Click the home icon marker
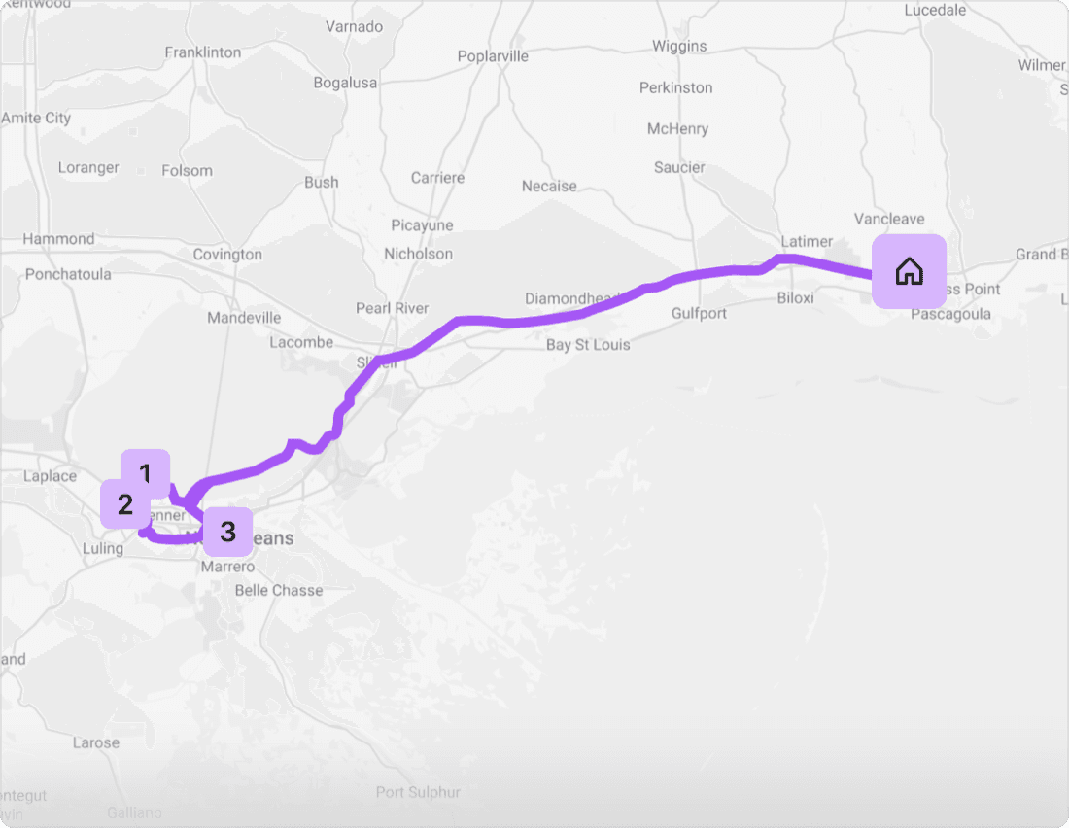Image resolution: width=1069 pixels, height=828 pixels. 909,271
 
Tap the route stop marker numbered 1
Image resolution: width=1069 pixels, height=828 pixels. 145,473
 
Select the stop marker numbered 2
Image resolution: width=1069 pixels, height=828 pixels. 124,504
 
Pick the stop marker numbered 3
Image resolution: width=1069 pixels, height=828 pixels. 227,532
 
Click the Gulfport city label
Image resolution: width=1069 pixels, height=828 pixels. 699,313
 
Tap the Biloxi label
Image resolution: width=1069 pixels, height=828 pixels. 795,297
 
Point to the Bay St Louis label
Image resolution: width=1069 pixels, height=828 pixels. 587,345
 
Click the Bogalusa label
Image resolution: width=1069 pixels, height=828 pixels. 345,83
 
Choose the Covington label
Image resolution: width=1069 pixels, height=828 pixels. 227,255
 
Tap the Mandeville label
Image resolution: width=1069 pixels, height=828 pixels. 244,318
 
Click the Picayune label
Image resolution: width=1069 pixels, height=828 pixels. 422,225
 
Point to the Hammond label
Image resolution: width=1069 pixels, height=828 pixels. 58,239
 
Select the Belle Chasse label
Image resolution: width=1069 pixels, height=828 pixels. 279,590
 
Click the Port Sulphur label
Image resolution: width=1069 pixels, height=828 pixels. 418,792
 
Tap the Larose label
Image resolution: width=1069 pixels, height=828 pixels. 96,742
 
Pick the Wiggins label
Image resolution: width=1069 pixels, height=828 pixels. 679,46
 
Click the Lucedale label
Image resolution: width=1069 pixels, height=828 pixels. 935,10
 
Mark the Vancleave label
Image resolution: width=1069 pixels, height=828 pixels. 888,219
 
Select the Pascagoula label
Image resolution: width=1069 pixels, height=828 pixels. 950,314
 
